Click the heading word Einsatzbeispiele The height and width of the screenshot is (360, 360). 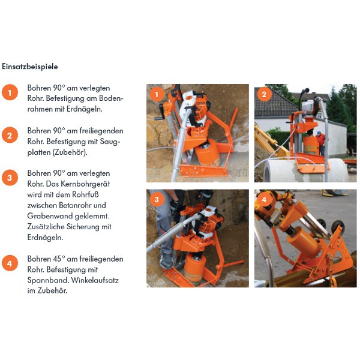point(30,66)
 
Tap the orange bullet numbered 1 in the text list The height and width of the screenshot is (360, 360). point(10,92)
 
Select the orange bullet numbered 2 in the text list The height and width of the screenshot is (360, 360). point(10,135)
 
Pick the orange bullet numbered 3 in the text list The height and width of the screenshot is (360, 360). point(10,178)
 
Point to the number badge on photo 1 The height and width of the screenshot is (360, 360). point(157,94)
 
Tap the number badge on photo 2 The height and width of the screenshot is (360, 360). point(264,94)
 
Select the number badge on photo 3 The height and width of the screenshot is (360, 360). point(157,199)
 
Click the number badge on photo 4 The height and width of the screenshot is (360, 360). point(264,199)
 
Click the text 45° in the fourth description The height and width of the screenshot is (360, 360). point(62,259)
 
